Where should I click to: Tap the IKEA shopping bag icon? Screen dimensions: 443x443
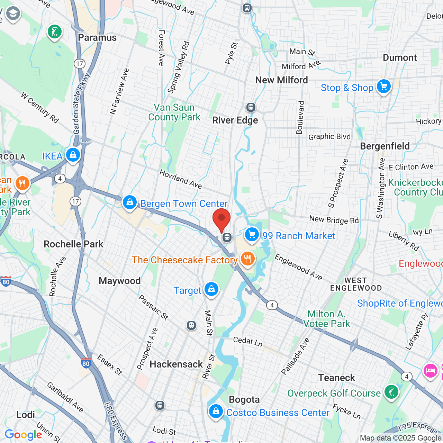click(x=73, y=155)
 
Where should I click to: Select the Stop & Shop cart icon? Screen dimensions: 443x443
click(x=384, y=87)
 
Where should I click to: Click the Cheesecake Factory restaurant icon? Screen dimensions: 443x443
click(x=247, y=259)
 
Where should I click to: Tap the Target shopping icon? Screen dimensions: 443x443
click(x=211, y=289)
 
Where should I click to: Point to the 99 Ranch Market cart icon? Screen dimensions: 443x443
click(x=252, y=235)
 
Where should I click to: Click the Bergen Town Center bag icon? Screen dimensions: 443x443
click(x=130, y=202)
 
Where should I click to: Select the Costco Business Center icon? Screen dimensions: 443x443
click(x=216, y=412)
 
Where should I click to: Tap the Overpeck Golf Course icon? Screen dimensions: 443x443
click(x=391, y=392)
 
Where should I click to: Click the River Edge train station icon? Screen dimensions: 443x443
click(x=251, y=107)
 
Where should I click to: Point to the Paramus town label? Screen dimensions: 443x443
click(x=97, y=37)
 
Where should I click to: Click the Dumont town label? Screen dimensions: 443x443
click(x=400, y=58)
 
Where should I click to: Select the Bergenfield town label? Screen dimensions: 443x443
click(x=385, y=146)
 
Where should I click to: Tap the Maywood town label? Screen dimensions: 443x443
click(x=120, y=281)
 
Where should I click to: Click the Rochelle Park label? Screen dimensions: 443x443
click(x=73, y=244)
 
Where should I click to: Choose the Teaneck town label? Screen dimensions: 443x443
click(x=336, y=378)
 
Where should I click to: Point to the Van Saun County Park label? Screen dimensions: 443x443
click(x=174, y=112)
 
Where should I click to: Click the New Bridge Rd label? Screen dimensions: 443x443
click(x=334, y=220)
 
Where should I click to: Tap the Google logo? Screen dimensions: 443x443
click(x=24, y=435)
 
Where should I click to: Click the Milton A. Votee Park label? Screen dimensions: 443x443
click(x=327, y=319)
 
